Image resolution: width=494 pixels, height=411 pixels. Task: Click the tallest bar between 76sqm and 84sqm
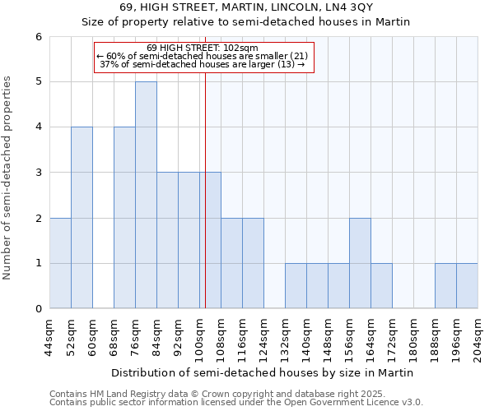coord(146,195)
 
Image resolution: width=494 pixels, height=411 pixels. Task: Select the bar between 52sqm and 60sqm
coord(82,218)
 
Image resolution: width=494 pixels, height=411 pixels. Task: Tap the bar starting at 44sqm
coord(60,263)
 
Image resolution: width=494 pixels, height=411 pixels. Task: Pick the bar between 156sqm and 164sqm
coord(360,263)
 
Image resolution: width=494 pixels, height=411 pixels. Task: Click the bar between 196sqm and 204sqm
coord(467,286)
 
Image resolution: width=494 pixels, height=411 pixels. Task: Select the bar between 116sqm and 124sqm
coord(253,263)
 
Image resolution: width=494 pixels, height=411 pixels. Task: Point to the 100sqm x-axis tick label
coord(199,338)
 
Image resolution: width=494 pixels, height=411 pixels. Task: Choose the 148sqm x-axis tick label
coord(328,338)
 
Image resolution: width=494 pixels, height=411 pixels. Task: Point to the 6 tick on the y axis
coord(38,37)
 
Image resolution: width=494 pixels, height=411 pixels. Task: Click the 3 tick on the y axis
coord(38,173)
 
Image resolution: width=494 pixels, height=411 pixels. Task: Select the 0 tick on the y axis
coord(38,309)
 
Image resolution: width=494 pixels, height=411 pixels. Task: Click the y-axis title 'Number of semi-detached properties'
coord(8,178)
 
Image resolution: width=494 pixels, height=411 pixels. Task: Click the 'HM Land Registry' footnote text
coord(123,395)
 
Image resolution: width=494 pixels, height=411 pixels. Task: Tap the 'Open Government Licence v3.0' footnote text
coord(355,403)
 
